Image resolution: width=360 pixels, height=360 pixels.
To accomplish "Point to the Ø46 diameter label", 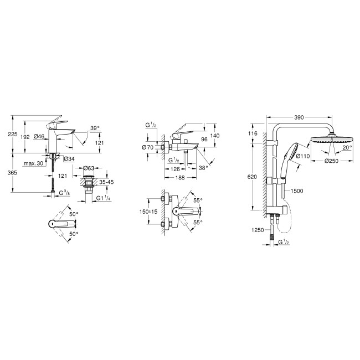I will coord(39,136).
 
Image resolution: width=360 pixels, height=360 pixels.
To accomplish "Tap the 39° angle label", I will coord(95,128).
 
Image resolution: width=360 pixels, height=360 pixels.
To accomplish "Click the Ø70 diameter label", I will coord(147,147).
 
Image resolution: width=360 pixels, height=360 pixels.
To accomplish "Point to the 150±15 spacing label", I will coord(149,210).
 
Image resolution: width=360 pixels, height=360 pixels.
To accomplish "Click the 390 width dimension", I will coord(299,118).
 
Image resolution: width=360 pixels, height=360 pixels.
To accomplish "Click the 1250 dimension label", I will coord(259,230).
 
